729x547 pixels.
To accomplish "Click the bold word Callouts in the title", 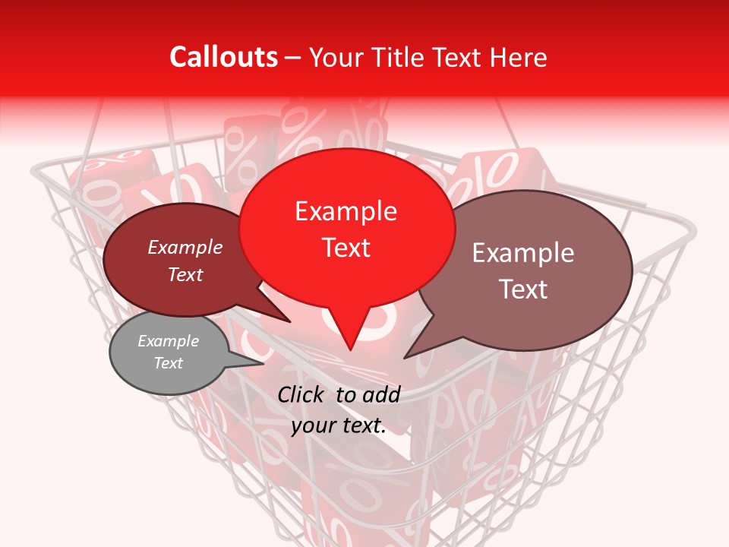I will [223, 57].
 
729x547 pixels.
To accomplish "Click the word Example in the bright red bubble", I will [346, 211].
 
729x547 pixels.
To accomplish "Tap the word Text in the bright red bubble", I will [346, 248].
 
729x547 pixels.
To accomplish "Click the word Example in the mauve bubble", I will [523, 253].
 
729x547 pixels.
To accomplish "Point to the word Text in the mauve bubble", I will [523, 289].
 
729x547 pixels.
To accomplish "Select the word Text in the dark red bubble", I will [185, 275].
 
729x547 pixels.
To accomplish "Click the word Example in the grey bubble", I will [168, 341].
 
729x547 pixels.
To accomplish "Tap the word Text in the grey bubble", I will [168, 363].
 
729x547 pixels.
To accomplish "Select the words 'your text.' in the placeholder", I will [339, 425].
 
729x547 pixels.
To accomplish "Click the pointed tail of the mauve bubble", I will [408, 356].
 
